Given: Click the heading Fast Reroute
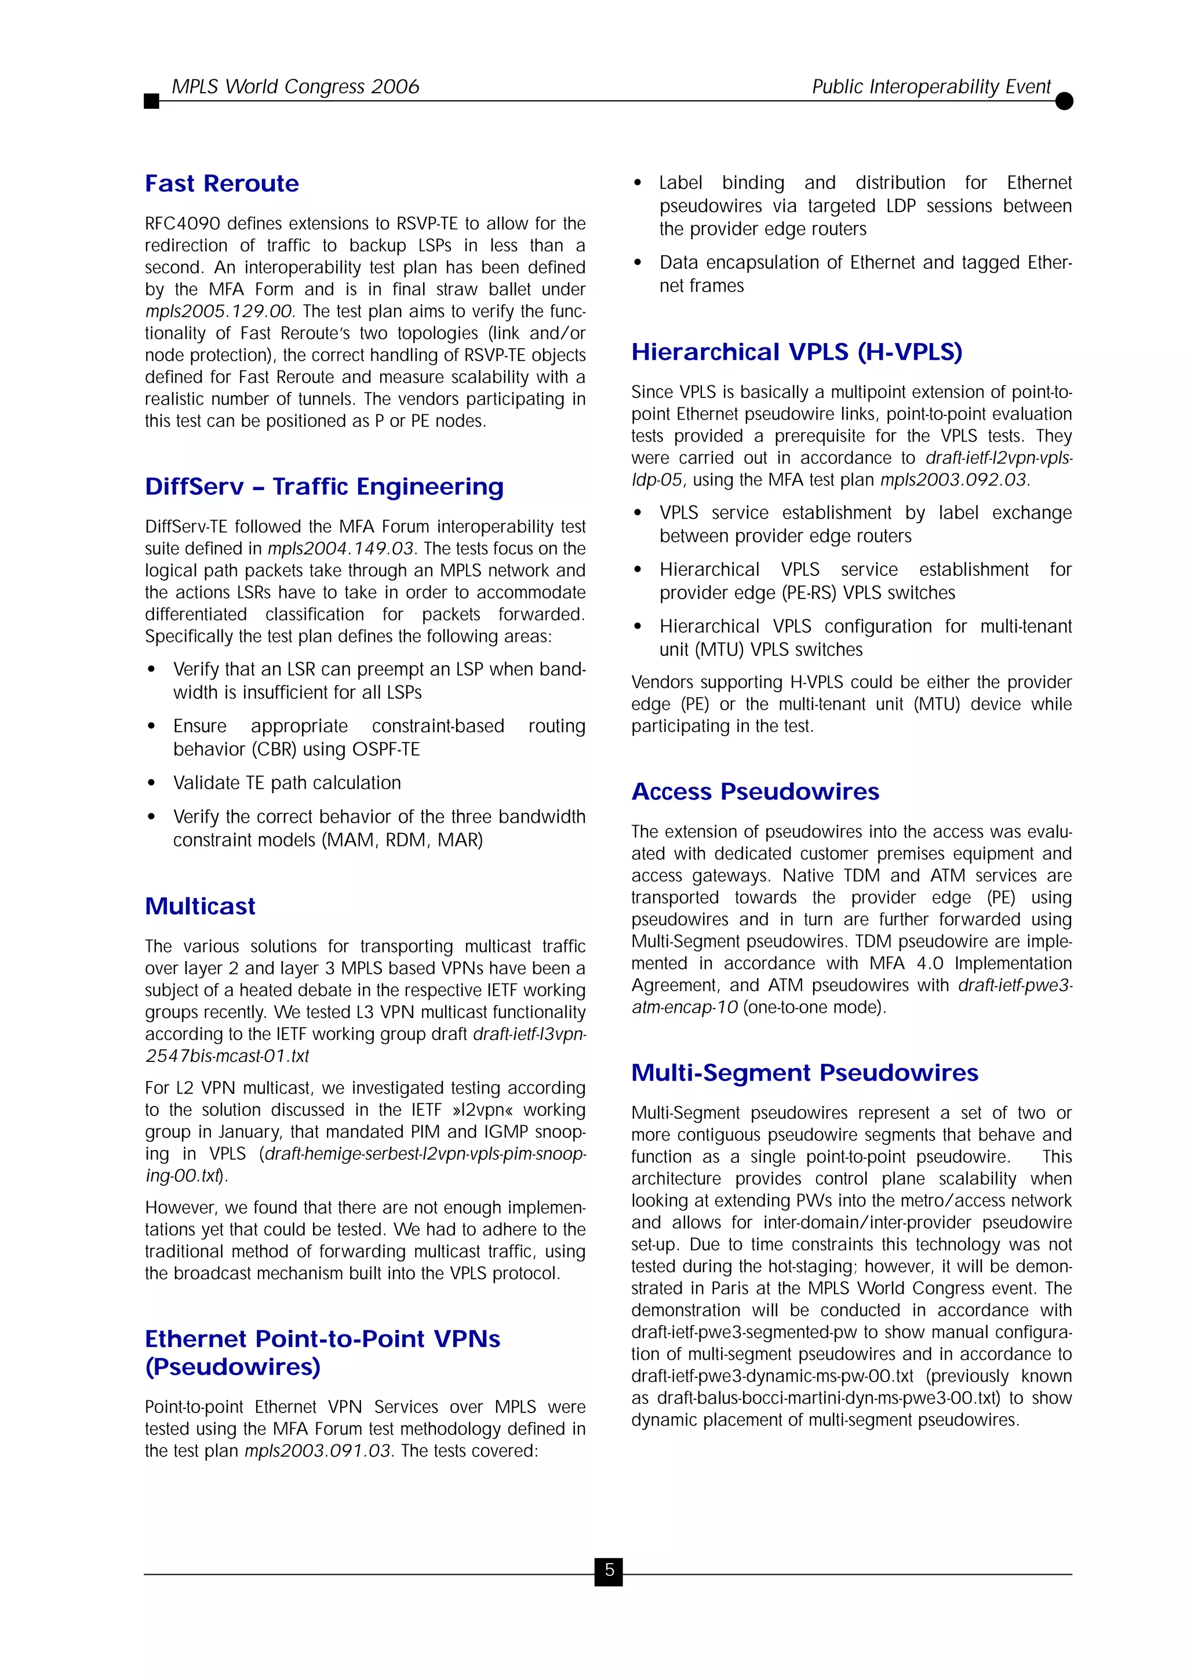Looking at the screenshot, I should (221, 184).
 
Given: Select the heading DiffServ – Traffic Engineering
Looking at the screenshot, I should (324, 487).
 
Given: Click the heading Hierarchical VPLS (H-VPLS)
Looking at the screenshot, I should (796, 352).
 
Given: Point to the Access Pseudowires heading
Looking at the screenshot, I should (755, 792).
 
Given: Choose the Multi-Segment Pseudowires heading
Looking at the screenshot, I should (804, 1073).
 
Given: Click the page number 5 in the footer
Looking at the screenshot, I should (609, 1571).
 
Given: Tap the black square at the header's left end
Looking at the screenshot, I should (151, 101).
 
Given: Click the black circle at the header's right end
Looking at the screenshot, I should (1064, 101).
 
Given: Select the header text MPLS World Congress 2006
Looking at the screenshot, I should (295, 86).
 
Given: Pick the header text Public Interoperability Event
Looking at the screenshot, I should (931, 86).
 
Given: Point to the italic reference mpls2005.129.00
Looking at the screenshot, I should (219, 312).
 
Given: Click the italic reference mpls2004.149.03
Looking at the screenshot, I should (341, 549).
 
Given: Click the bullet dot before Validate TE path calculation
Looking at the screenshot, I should (151, 783).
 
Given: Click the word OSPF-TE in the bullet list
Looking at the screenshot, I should (385, 750).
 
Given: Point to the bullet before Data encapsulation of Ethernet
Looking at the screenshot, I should (638, 262).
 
